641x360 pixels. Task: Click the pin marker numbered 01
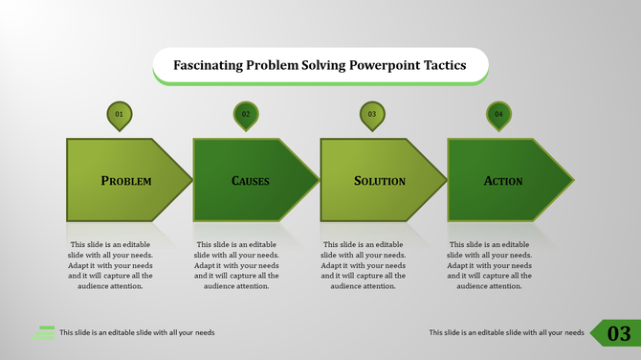(119, 115)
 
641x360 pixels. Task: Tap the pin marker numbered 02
(246, 115)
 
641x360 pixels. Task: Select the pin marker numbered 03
(372, 115)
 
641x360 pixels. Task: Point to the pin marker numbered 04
(498, 115)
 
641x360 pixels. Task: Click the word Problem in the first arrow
(126, 180)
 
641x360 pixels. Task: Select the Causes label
(251, 180)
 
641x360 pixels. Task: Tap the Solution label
(380, 180)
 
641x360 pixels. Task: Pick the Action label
(503, 180)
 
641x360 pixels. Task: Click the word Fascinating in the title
(207, 66)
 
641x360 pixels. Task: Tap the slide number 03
(619, 333)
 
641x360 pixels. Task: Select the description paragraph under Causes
(236, 265)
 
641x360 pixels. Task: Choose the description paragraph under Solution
(363, 265)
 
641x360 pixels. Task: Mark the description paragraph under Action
(490, 265)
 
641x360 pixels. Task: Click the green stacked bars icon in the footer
(43, 332)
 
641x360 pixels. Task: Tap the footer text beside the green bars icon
(137, 333)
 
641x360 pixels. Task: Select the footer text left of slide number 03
(506, 333)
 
